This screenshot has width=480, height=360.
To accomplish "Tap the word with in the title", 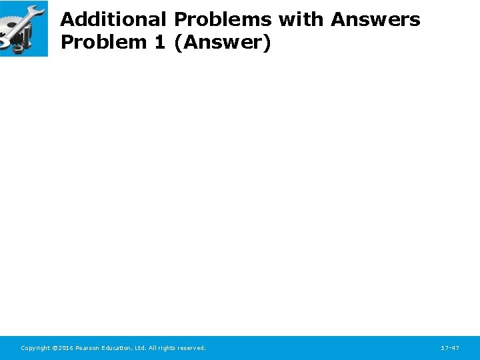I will tap(301, 20).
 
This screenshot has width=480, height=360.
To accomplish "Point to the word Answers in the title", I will tap(375, 20).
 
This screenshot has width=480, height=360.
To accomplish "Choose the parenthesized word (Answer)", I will tap(222, 43).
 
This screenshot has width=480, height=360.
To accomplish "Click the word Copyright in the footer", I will tap(35, 348).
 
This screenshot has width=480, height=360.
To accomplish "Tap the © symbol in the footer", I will tap(55, 348).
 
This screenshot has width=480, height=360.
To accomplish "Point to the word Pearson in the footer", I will tap(87, 348).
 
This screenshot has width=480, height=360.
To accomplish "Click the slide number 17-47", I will tap(450, 348).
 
